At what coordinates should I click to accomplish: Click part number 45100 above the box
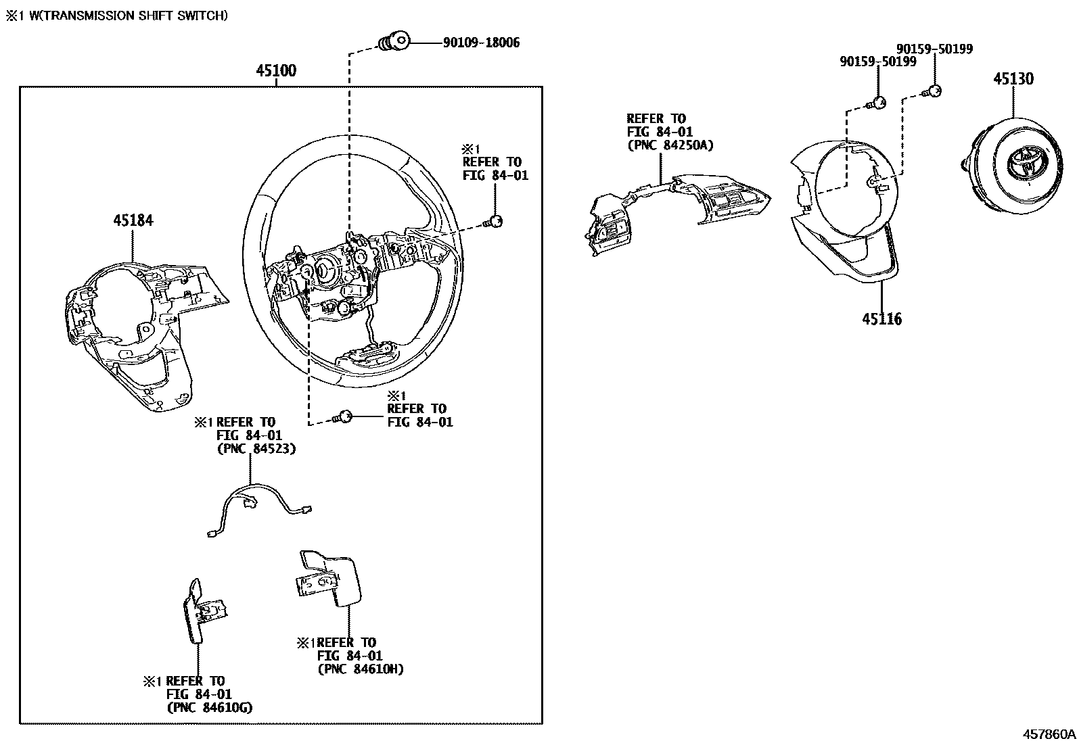click(x=276, y=71)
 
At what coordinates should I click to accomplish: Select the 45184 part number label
click(x=133, y=220)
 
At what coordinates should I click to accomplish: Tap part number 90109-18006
click(x=481, y=43)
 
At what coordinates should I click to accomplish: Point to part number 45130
click(x=1013, y=79)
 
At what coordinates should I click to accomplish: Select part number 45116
click(x=881, y=318)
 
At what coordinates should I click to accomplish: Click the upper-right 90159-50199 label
click(x=934, y=49)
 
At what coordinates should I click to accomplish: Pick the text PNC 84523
click(x=256, y=449)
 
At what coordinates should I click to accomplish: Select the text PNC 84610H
click(x=360, y=669)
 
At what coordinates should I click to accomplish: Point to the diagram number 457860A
click(x=1048, y=734)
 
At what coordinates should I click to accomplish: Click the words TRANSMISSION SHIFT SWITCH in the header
click(x=133, y=15)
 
